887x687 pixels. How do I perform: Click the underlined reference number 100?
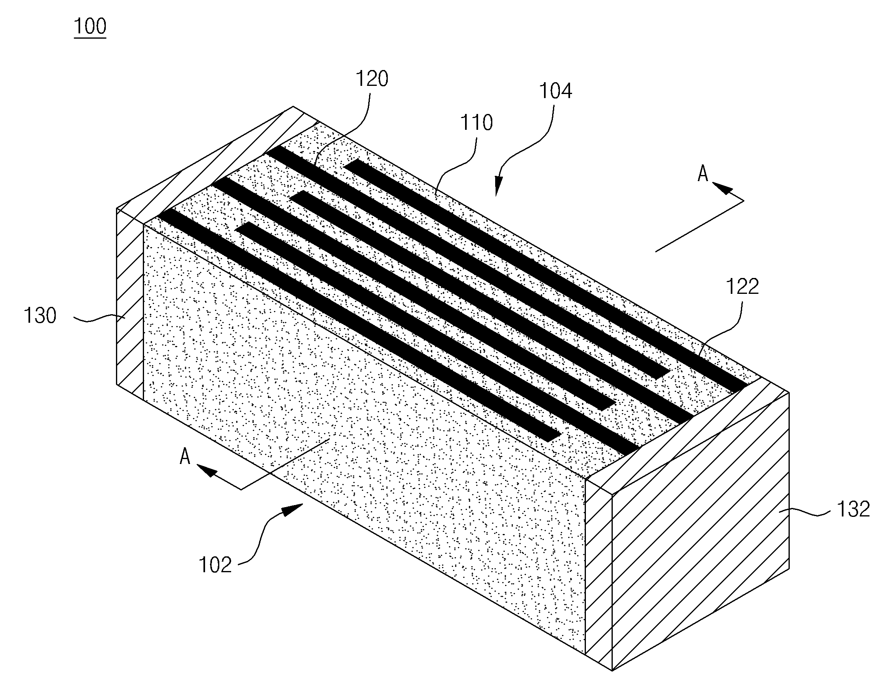[90, 26]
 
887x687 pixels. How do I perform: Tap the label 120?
[371, 79]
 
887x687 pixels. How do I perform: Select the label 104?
[555, 91]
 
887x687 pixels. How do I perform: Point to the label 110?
[476, 123]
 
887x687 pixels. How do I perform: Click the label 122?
[742, 287]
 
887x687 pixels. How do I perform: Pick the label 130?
[40, 316]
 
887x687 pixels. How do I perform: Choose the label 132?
[853, 509]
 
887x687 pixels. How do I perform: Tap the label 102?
[215, 565]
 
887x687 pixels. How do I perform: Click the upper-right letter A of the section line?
[703, 174]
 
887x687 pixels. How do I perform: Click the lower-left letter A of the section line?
[185, 456]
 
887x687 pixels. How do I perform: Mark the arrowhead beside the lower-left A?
[207, 471]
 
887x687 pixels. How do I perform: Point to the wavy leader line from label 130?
[100, 319]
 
